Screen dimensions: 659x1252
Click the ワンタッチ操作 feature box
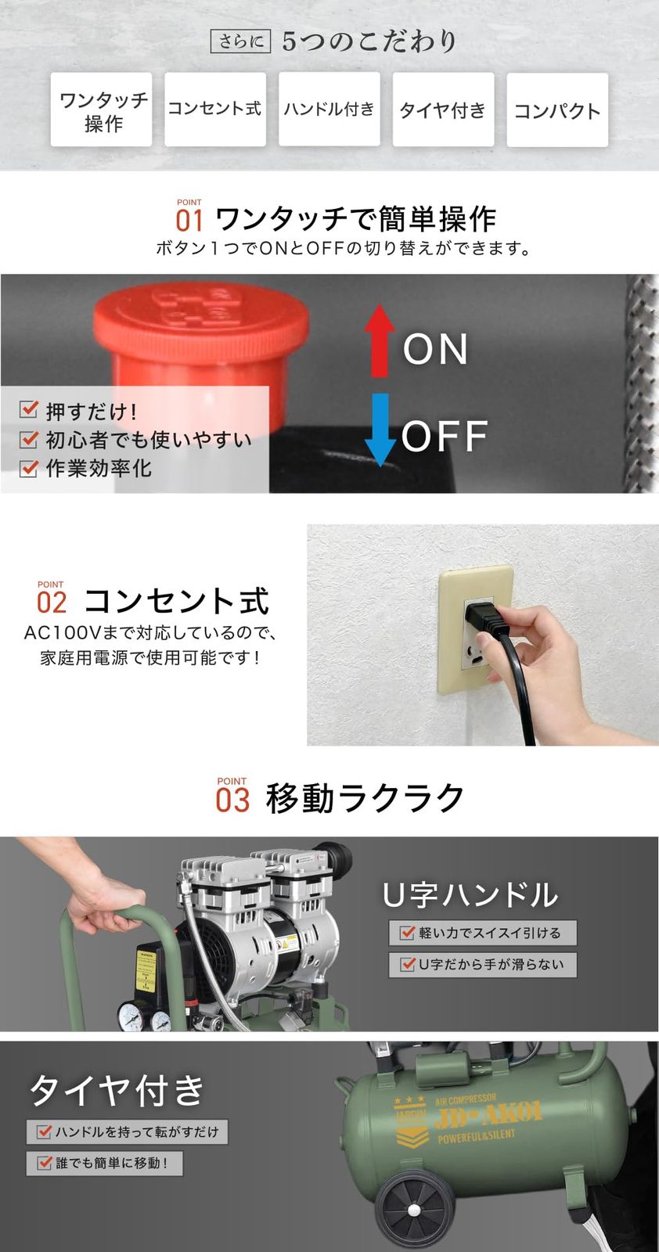pos(101,110)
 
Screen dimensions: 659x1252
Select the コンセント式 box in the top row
pos(215,110)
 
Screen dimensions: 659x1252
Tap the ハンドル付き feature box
pos(329,110)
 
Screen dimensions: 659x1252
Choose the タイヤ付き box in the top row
pos(443,110)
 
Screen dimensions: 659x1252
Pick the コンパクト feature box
pos(557,110)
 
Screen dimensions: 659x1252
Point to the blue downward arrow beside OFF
pos(380,430)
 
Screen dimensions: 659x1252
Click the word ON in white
pos(435,349)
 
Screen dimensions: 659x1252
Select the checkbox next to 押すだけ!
pos(28,409)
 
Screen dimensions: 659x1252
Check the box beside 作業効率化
pos(28,467)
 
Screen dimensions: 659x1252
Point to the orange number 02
pos(52,603)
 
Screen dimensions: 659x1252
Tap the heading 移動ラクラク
pos(365,798)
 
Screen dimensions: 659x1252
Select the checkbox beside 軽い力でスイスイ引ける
pos(407,932)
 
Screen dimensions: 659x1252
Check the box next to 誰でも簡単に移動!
pos(45,1163)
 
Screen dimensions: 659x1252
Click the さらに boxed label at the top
pos(240,42)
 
